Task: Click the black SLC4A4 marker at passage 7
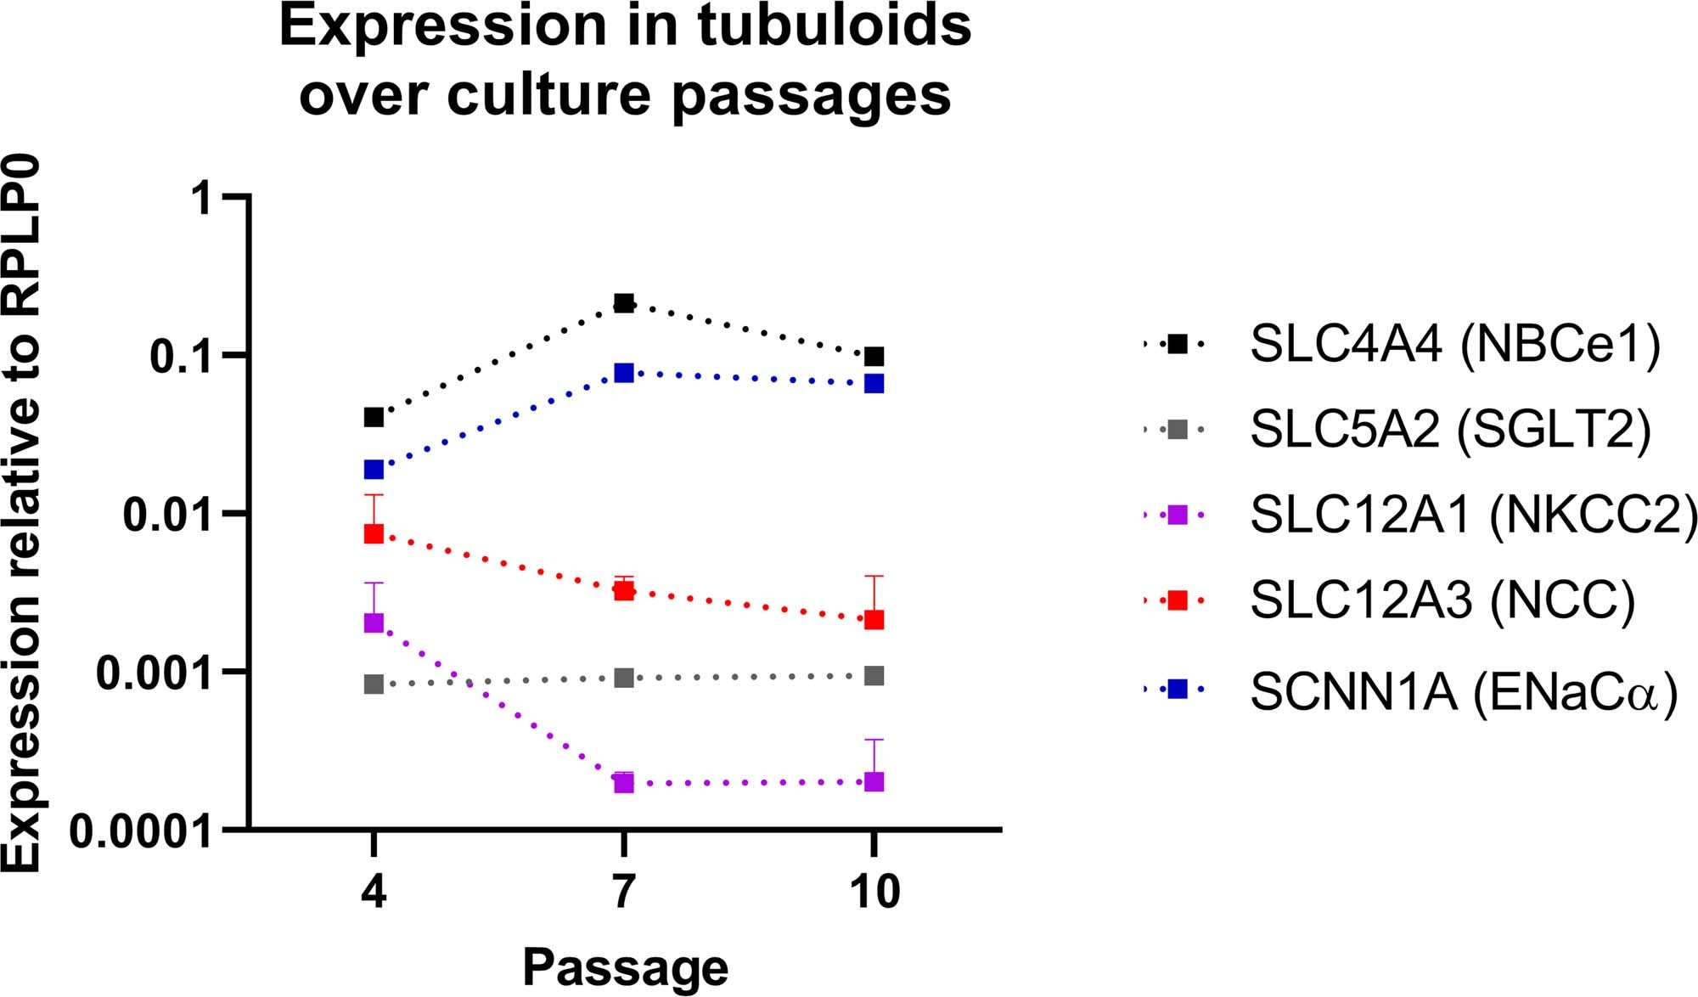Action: pyautogui.click(x=624, y=303)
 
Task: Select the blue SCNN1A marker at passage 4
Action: pyautogui.click(x=374, y=469)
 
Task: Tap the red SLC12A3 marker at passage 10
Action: pyautogui.click(x=874, y=620)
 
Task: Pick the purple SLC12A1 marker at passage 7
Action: pyautogui.click(x=624, y=782)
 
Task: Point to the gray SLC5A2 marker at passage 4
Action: pyautogui.click(x=374, y=684)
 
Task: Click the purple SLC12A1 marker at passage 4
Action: pyautogui.click(x=374, y=622)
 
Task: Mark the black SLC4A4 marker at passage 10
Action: pyautogui.click(x=874, y=356)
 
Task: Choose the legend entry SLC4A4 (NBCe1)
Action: pyautogui.click(x=1454, y=344)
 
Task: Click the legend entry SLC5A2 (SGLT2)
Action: pyautogui.click(x=1450, y=429)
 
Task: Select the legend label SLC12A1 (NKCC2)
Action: pyautogui.click(x=1474, y=515)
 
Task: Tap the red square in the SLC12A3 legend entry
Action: pyautogui.click(x=1178, y=600)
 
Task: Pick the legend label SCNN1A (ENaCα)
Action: pyautogui.click(x=1464, y=691)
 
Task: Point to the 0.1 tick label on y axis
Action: pyautogui.click(x=181, y=356)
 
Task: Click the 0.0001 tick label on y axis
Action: pyautogui.click(x=140, y=831)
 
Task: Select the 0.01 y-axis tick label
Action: pyautogui.click(x=167, y=514)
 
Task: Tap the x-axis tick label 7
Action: pyautogui.click(x=624, y=891)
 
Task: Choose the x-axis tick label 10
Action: pyautogui.click(x=874, y=891)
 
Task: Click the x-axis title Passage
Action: pyautogui.click(x=625, y=966)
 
